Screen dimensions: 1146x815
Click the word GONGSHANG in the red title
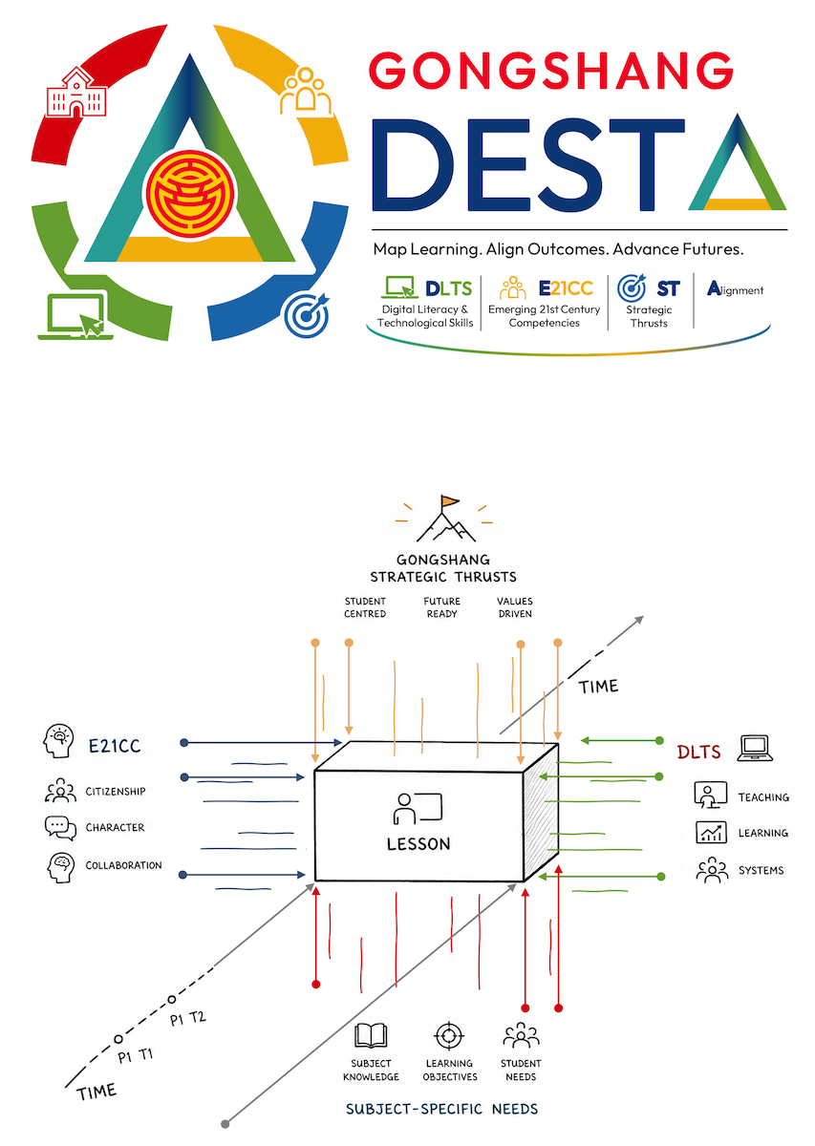(x=551, y=71)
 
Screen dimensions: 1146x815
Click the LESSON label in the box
(x=418, y=843)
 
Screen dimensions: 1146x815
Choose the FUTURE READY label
(x=442, y=607)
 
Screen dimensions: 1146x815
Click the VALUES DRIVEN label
(x=514, y=607)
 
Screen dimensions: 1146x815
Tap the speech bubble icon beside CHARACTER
(x=59, y=827)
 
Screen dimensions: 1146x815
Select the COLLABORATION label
(x=124, y=865)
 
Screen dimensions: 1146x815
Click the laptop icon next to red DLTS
(x=755, y=748)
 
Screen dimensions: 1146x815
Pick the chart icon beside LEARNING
(x=710, y=832)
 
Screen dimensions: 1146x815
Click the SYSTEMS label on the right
(x=761, y=870)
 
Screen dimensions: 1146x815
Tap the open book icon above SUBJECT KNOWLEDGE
(x=370, y=1036)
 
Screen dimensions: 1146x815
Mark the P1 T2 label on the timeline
(x=188, y=1019)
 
